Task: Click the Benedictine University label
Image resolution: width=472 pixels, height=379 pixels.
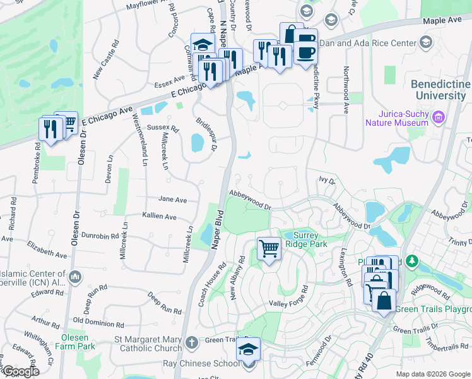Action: point(440,90)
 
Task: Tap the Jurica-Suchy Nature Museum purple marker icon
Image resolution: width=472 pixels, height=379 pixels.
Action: point(437,116)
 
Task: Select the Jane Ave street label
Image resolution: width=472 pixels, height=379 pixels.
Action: point(172,200)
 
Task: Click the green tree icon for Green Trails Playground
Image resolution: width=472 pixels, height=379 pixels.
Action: point(412,260)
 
